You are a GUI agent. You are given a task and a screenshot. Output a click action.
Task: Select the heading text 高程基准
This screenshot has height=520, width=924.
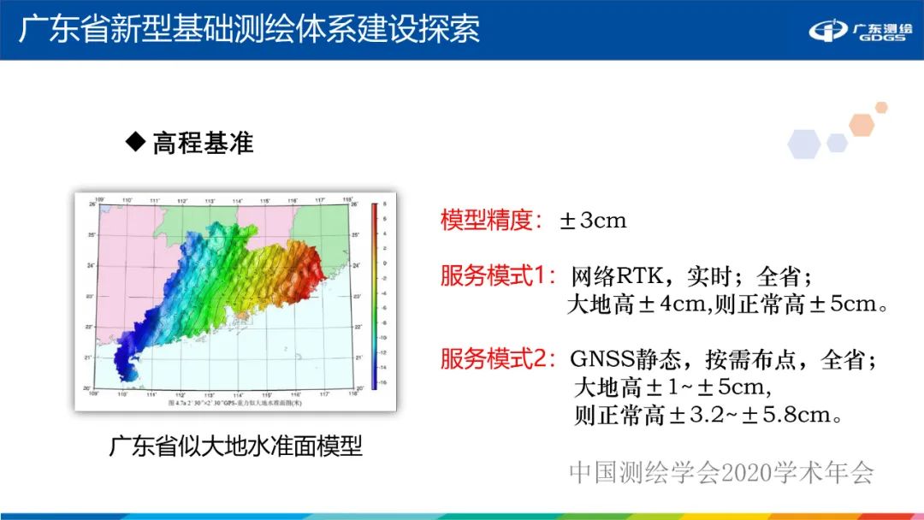(203, 142)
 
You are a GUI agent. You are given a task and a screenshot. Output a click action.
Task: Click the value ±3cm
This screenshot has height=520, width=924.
(592, 221)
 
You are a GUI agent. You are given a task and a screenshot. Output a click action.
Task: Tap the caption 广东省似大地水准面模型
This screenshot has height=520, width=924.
(235, 446)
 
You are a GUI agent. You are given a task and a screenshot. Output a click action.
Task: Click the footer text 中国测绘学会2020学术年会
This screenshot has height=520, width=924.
(722, 472)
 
